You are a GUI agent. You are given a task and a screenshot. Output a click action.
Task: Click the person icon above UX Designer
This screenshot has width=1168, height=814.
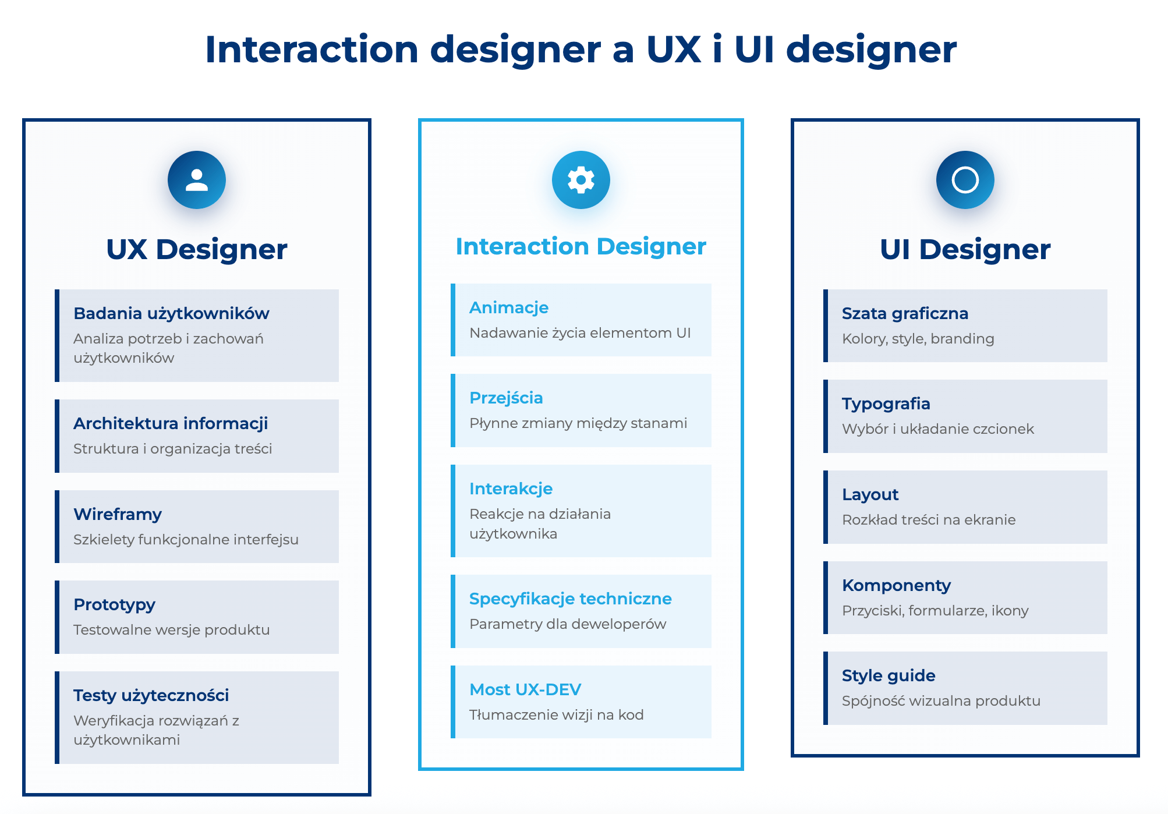click(x=197, y=180)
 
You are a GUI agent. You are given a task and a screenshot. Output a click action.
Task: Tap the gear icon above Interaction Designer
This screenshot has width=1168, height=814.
click(x=581, y=180)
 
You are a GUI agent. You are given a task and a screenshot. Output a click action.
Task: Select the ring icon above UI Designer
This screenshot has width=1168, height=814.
click(x=965, y=180)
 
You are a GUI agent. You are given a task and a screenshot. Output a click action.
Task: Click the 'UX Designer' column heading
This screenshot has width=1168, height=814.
click(x=197, y=250)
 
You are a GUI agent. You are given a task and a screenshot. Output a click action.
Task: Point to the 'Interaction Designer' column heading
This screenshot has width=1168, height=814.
click(x=581, y=247)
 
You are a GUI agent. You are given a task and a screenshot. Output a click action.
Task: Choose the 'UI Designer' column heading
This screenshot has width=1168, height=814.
click(x=965, y=250)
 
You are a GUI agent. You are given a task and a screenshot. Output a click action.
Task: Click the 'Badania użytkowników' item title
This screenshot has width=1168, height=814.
click(x=171, y=313)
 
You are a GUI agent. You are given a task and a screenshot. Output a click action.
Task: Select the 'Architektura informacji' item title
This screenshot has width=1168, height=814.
click(x=171, y=423)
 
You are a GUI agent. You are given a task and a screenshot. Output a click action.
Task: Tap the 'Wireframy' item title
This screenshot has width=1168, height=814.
click(x=118, y=514)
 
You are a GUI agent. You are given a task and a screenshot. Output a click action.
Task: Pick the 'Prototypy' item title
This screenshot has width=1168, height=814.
click(x=114, y=604)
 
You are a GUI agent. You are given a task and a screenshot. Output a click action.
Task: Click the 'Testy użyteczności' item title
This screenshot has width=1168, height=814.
click(x=151, y=695)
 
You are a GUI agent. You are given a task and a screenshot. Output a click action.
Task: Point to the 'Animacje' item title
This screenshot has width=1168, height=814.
click(x=509, y=307)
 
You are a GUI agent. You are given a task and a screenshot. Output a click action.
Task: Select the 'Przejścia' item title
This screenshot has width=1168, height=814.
click(x=506, y=398)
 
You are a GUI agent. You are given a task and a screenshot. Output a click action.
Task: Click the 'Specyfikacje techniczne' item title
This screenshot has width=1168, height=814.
click(x=570, y=599)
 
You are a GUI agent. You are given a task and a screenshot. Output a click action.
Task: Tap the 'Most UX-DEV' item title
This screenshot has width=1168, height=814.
click(x=525, y=689)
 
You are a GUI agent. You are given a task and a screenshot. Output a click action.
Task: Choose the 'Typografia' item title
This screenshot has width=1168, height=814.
click(x=886, y=404)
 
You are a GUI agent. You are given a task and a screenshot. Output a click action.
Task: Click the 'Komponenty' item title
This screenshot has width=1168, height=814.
click(x=896, y=585)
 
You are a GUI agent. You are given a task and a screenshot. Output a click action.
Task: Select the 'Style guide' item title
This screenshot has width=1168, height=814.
click(x=889, y=675)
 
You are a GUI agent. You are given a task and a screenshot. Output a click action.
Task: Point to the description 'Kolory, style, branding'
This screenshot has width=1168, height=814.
click(x=918, y=339)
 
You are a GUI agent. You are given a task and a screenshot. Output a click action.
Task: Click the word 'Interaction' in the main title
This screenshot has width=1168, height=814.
click(x=312, y=49)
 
